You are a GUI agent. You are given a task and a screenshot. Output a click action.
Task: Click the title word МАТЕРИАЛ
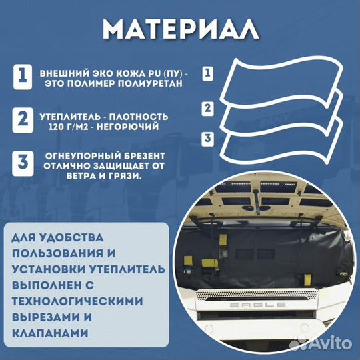(x=181, y=29)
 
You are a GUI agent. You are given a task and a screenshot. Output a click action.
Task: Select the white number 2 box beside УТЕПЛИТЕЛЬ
(x=23, y=120)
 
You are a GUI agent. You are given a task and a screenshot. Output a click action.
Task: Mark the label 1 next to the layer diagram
(x=209, y=71)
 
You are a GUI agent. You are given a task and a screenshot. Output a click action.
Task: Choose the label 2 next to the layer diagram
(x=209, y=107)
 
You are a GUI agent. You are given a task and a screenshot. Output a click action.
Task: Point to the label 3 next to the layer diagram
(x=209, y=138)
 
